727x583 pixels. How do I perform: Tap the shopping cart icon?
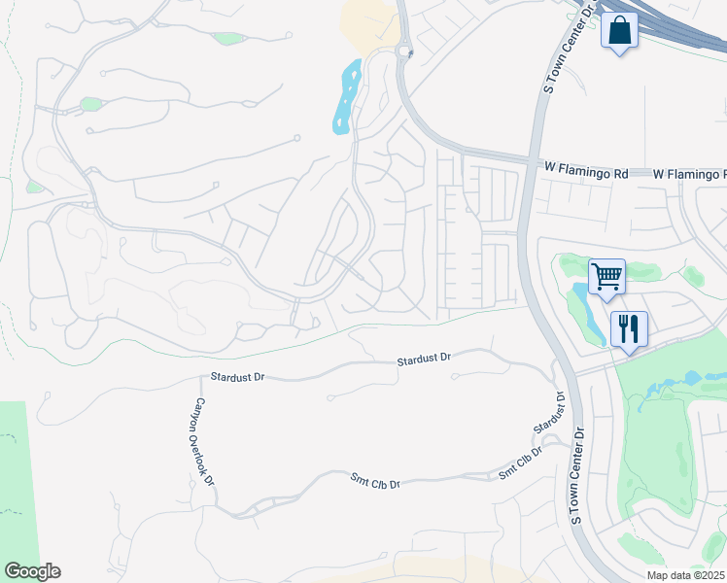[x=606, y=277]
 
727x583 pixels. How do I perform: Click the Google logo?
[x=32, y=571]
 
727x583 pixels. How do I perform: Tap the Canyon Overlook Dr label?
[x=204, y=441]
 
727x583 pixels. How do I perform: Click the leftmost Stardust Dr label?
[x=238, y=375]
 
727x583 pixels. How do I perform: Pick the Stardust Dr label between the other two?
[x=424, y=360]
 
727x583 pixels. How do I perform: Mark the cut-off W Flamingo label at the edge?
[x=689, y=173]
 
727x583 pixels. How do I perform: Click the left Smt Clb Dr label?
[x=375, y=479]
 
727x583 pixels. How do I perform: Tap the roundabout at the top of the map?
[x=404, y=51]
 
